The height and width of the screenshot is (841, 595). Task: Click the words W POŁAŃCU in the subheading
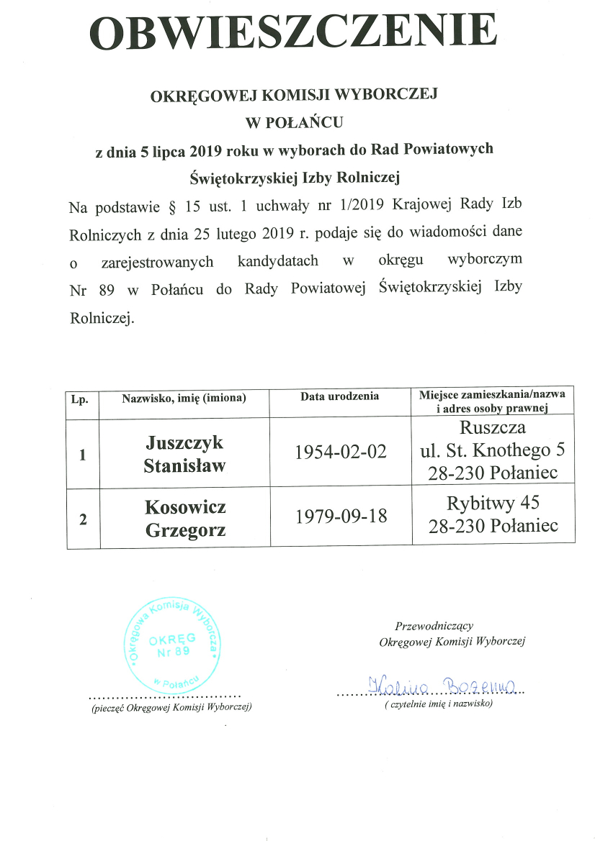pyautogui.click(x=295, y=122)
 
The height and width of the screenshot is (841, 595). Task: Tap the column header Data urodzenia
pyautogui.click(x=340, y=396)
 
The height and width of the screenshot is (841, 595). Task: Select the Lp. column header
pyautogui.click(x=79, y=399)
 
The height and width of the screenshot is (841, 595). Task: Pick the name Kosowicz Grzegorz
pyautogui.click(x=185, y=518)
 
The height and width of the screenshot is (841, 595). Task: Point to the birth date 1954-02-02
pyautogui.click(x=341, y=452)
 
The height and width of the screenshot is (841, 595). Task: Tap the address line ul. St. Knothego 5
pyautogui.click(x=493, y=452)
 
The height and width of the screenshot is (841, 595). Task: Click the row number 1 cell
pyautogui.click(x=83, y=455)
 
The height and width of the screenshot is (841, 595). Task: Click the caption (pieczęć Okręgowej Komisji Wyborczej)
pyautogui.click(x=166, y=708)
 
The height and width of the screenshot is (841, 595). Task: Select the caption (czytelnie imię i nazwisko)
pyautogui.click(x=438, y=704)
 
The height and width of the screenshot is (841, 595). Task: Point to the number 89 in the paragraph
pyautogui.click(x=106, y=288)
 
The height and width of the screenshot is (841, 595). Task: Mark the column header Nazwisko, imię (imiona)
pyautogui.click(x=184, y=398)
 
